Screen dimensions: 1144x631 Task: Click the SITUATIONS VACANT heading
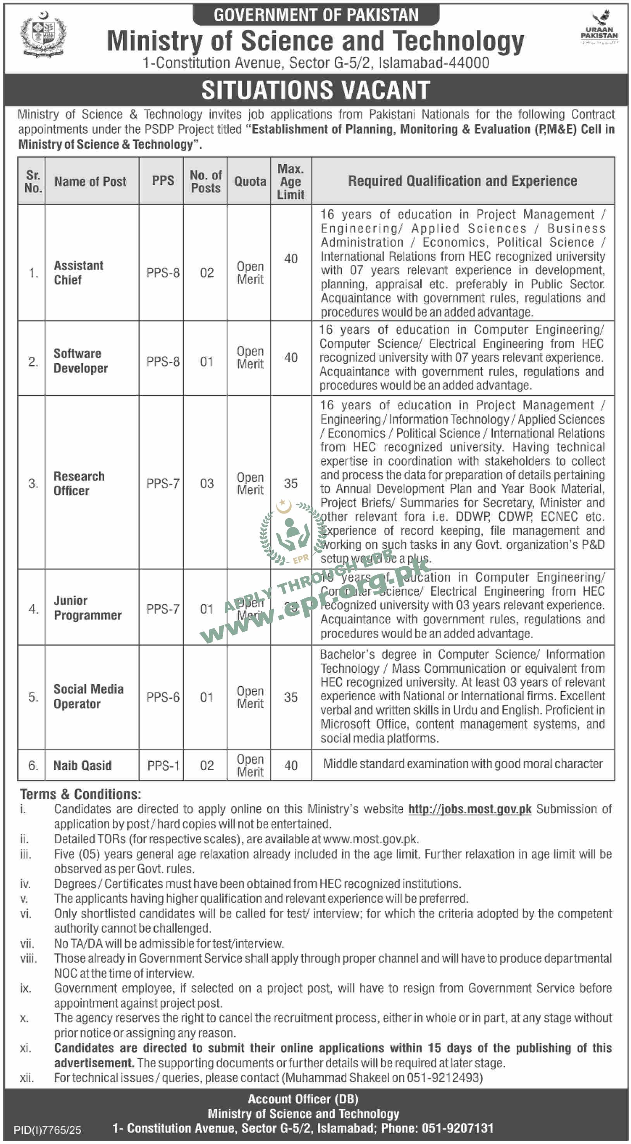click(x=316, y=90)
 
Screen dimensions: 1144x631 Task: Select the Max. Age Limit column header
click(x=291, y=182)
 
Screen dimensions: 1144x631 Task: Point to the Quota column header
click(x=250, y=181)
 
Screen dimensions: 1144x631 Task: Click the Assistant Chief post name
click(x=78, y=273)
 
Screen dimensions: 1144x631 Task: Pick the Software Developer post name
click(x=80, y=361)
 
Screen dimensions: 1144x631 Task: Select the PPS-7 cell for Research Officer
click(x=163, y=483)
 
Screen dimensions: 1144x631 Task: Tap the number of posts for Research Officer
click(x=206, y=483)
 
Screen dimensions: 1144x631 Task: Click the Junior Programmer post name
click(x=87, y=608)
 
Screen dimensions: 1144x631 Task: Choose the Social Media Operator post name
click(x=88, y=696)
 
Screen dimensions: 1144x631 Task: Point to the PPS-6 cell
click(x=163, y=697)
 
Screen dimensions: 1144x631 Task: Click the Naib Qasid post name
click(x=82, y=765)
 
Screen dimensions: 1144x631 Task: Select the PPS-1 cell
click(x=163, y=766)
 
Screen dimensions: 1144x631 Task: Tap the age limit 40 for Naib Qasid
click(x=291, y=765)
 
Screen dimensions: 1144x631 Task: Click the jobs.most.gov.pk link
click(x=469, y=809)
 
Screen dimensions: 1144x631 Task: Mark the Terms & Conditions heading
click(x=80, y=794)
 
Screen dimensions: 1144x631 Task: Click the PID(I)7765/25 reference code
click(x=47, y=1130)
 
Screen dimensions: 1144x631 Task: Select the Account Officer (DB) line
click(x=303, y=1099)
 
